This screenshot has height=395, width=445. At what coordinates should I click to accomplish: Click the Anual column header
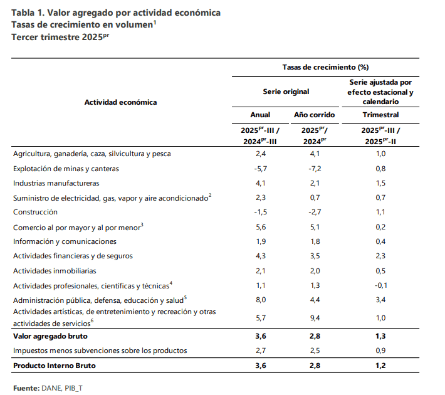coord(260,115)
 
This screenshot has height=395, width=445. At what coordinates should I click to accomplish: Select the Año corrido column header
coord(314,115)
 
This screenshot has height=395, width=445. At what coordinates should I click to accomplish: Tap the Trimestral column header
coord(380,115)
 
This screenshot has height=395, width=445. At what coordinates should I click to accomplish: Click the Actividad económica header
coord(120,102)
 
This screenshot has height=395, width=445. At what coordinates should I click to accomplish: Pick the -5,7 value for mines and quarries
coord(260,169)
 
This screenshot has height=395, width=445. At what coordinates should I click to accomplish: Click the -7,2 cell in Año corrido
coord(314,169)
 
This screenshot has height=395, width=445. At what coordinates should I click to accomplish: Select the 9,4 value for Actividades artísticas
coord(314,319)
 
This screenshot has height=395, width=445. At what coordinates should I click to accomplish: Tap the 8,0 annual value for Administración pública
coord(260,299)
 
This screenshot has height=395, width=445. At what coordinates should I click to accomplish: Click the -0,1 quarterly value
coord(380,285)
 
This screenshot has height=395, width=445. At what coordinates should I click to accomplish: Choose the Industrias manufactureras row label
coord(56,183)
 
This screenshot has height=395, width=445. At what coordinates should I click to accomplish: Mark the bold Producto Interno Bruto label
coord(55,365)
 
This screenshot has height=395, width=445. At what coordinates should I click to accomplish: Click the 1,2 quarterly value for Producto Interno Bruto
coord(380,365)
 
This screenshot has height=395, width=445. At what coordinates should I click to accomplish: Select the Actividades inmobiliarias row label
coord(55,270)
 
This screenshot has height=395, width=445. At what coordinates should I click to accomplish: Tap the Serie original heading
coord(286,92)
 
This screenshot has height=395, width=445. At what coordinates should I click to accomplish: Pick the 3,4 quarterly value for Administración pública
coord(380,299)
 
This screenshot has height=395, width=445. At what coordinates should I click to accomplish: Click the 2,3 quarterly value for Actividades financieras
coord(380,256)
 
